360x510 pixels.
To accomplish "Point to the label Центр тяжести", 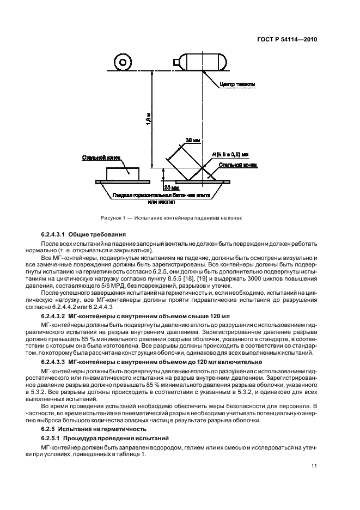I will pos(237,84).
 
